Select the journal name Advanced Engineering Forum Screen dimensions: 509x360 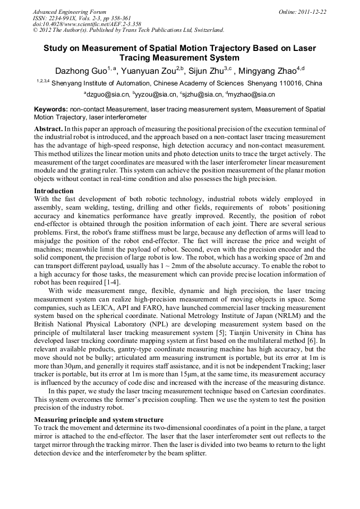pyautogui.click(x=69, y=12)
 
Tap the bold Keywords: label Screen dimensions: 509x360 pyautogui.click(x=50, y=109)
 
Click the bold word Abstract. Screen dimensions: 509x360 pyautogui.click(x=48, y=129)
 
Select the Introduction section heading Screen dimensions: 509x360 pyautogui.click(x=54, y=191)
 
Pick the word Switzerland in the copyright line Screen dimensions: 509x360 pyautogui.click(x=206, y=30)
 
